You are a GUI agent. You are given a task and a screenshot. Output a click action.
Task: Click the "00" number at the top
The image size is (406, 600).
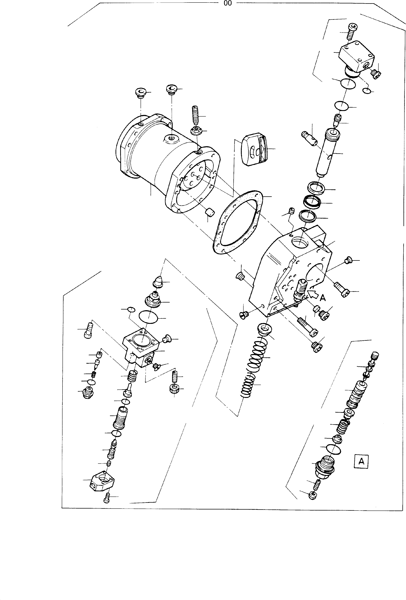tap(228, 3)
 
